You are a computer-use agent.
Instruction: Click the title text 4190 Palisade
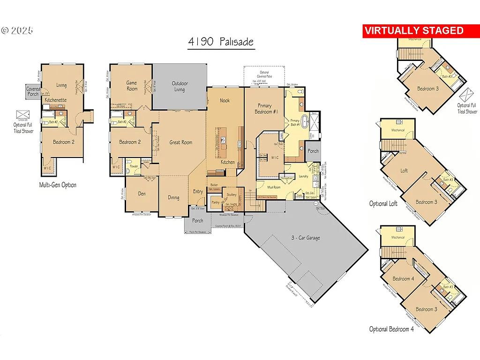[221, 42]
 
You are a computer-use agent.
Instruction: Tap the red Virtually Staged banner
[414, 31]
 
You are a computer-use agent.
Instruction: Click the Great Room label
[180, 142]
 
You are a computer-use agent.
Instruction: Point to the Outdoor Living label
[179, 87]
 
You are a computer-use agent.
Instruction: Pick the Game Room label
[132, 86]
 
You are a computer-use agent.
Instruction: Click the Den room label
[141, 194]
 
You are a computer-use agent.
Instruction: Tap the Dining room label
[173, 197]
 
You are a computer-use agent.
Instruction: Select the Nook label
[225, 100]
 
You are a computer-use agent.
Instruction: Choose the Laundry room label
[303, 176]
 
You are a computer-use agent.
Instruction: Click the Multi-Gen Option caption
[58, 185]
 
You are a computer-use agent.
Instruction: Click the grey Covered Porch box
[33, 92]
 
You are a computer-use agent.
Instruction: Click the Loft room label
[404, 171]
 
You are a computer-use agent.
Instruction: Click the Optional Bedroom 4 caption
[391, 329]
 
